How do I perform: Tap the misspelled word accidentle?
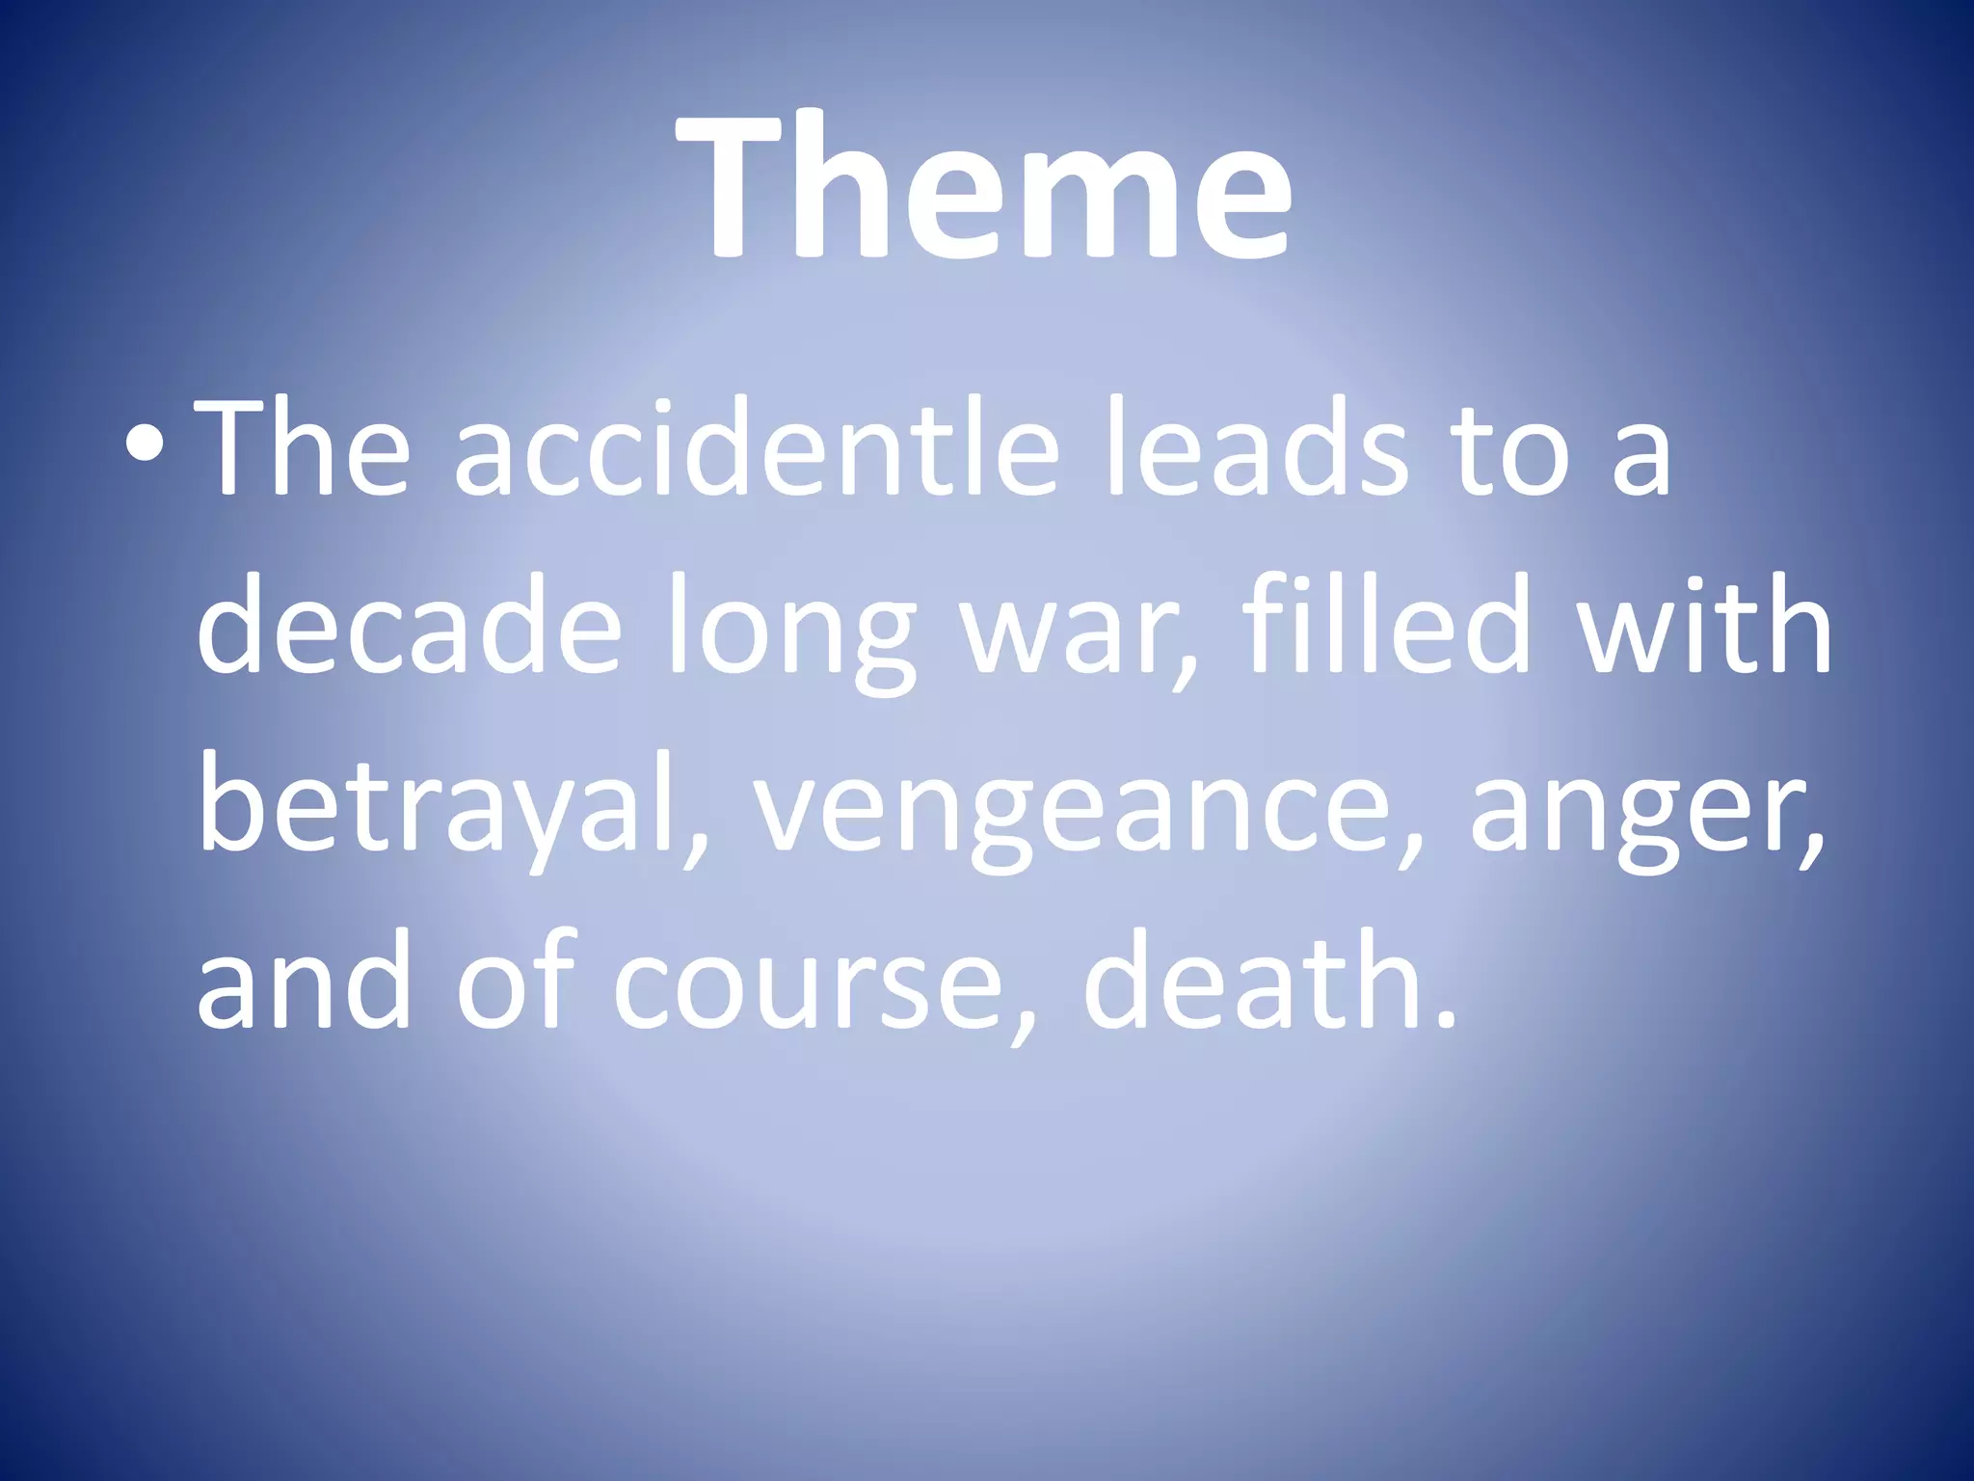click(x=757, y=449)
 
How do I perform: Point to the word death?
click(x=1253, y=983)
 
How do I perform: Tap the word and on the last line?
click(x=304, y=983)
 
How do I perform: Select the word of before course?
click(x=516, y=983)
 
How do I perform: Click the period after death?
click(x=1443, y=1017)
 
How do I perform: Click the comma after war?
click(x=1184, y=665)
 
